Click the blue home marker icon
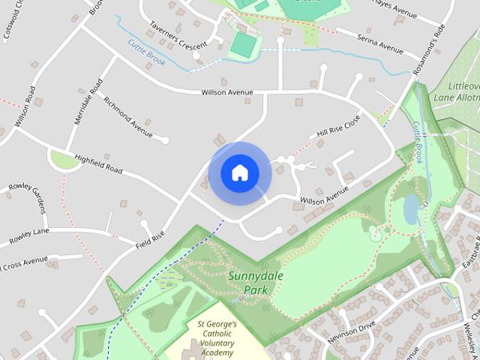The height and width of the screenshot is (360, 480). pyautogui.click(x=239, y=173)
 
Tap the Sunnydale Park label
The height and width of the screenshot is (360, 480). pyautogui.click(x=252, y=282)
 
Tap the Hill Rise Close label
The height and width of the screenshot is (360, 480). pyautogui.click(x=338, y=126)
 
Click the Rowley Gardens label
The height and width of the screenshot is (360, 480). pyautogui.click(x=28, y=197)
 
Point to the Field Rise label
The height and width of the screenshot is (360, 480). pyautogui.click(x=149, y=239)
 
